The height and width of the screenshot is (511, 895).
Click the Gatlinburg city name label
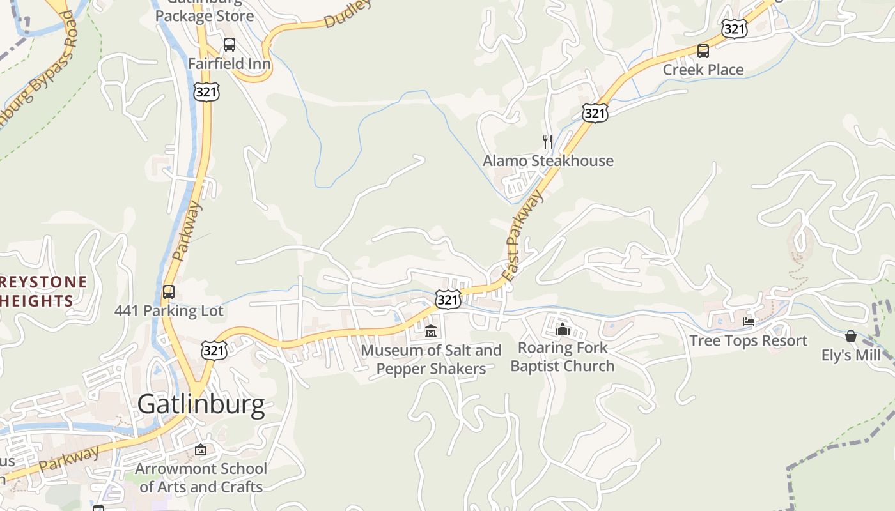201,404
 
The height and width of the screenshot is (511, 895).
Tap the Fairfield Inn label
229,64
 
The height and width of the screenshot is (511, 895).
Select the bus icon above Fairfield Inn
229,45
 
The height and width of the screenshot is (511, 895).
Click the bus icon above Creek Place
703,51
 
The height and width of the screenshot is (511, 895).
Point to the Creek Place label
703,70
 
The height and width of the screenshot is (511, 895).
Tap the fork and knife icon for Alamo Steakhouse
547,141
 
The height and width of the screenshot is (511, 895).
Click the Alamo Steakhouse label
548,160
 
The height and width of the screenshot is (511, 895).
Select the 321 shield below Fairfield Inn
206,91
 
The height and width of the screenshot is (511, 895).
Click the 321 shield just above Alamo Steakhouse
595,113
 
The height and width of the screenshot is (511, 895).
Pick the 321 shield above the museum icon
447,299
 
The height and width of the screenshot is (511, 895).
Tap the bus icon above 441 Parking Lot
169,292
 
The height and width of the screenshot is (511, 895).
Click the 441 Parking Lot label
169,311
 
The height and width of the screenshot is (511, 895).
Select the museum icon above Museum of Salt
431,332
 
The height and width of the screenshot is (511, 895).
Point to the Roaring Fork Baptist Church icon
563,329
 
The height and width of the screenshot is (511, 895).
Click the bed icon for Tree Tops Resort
749,321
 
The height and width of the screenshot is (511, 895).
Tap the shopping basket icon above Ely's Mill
851,336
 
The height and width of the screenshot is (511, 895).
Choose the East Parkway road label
522,236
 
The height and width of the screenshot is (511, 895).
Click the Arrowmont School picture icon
201,450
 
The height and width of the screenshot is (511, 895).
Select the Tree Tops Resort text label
749,340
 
